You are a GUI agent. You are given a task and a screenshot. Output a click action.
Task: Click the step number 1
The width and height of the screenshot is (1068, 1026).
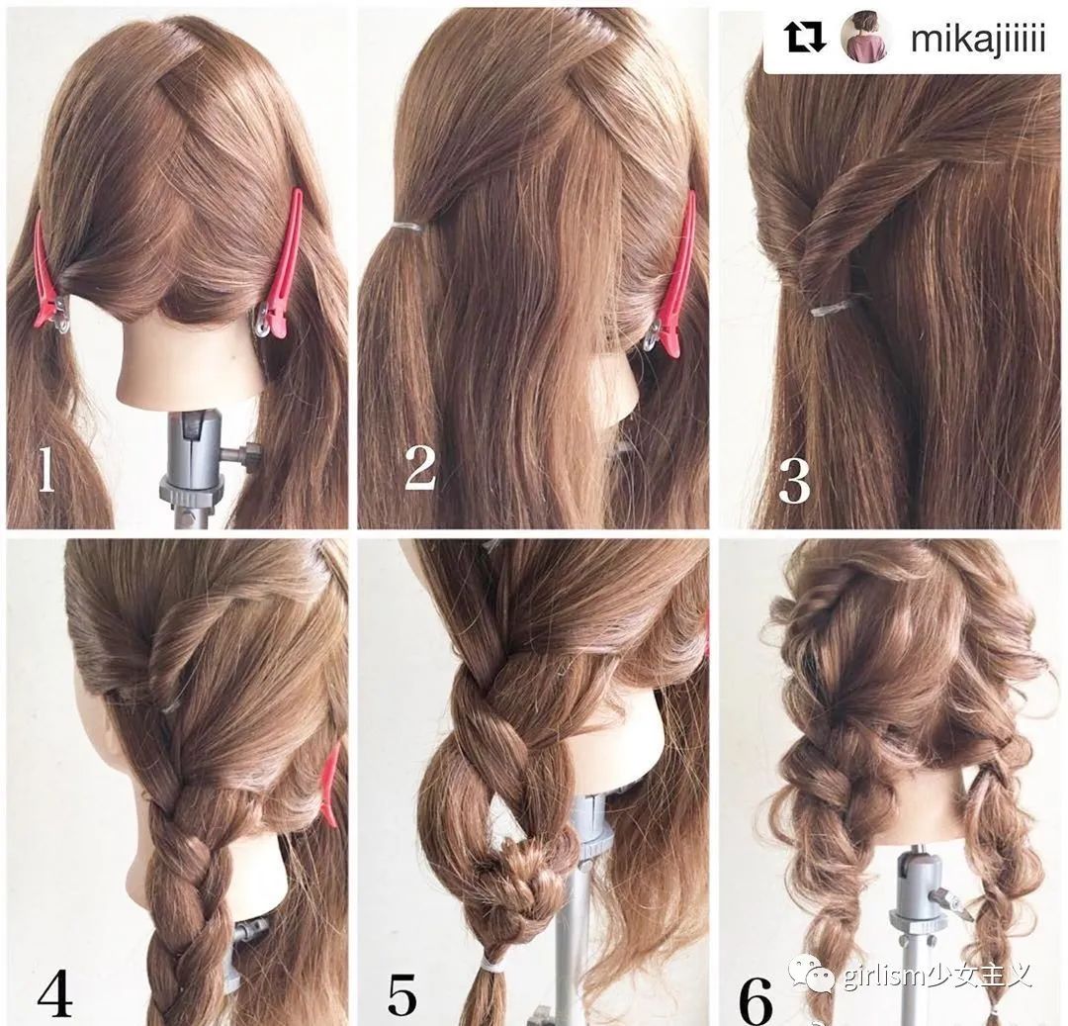point(45,471)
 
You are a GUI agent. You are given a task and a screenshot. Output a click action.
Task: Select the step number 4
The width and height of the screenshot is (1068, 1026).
point(55,997)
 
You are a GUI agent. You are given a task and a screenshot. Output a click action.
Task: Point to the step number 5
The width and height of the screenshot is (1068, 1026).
point(402,996)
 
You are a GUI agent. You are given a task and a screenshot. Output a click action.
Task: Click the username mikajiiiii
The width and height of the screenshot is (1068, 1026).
point(977,40)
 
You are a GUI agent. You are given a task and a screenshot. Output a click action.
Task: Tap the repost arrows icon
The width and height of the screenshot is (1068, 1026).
point(805,38)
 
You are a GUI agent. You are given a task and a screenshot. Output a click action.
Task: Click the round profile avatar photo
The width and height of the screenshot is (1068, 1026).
point(866,39)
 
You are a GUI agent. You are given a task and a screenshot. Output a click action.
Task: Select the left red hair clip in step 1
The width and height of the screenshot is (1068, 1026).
point(46,278)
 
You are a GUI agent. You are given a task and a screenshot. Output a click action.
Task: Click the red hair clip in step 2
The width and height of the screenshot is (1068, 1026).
point(673,278)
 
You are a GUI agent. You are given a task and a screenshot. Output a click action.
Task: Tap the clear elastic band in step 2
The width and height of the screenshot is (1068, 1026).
point(408,225)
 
